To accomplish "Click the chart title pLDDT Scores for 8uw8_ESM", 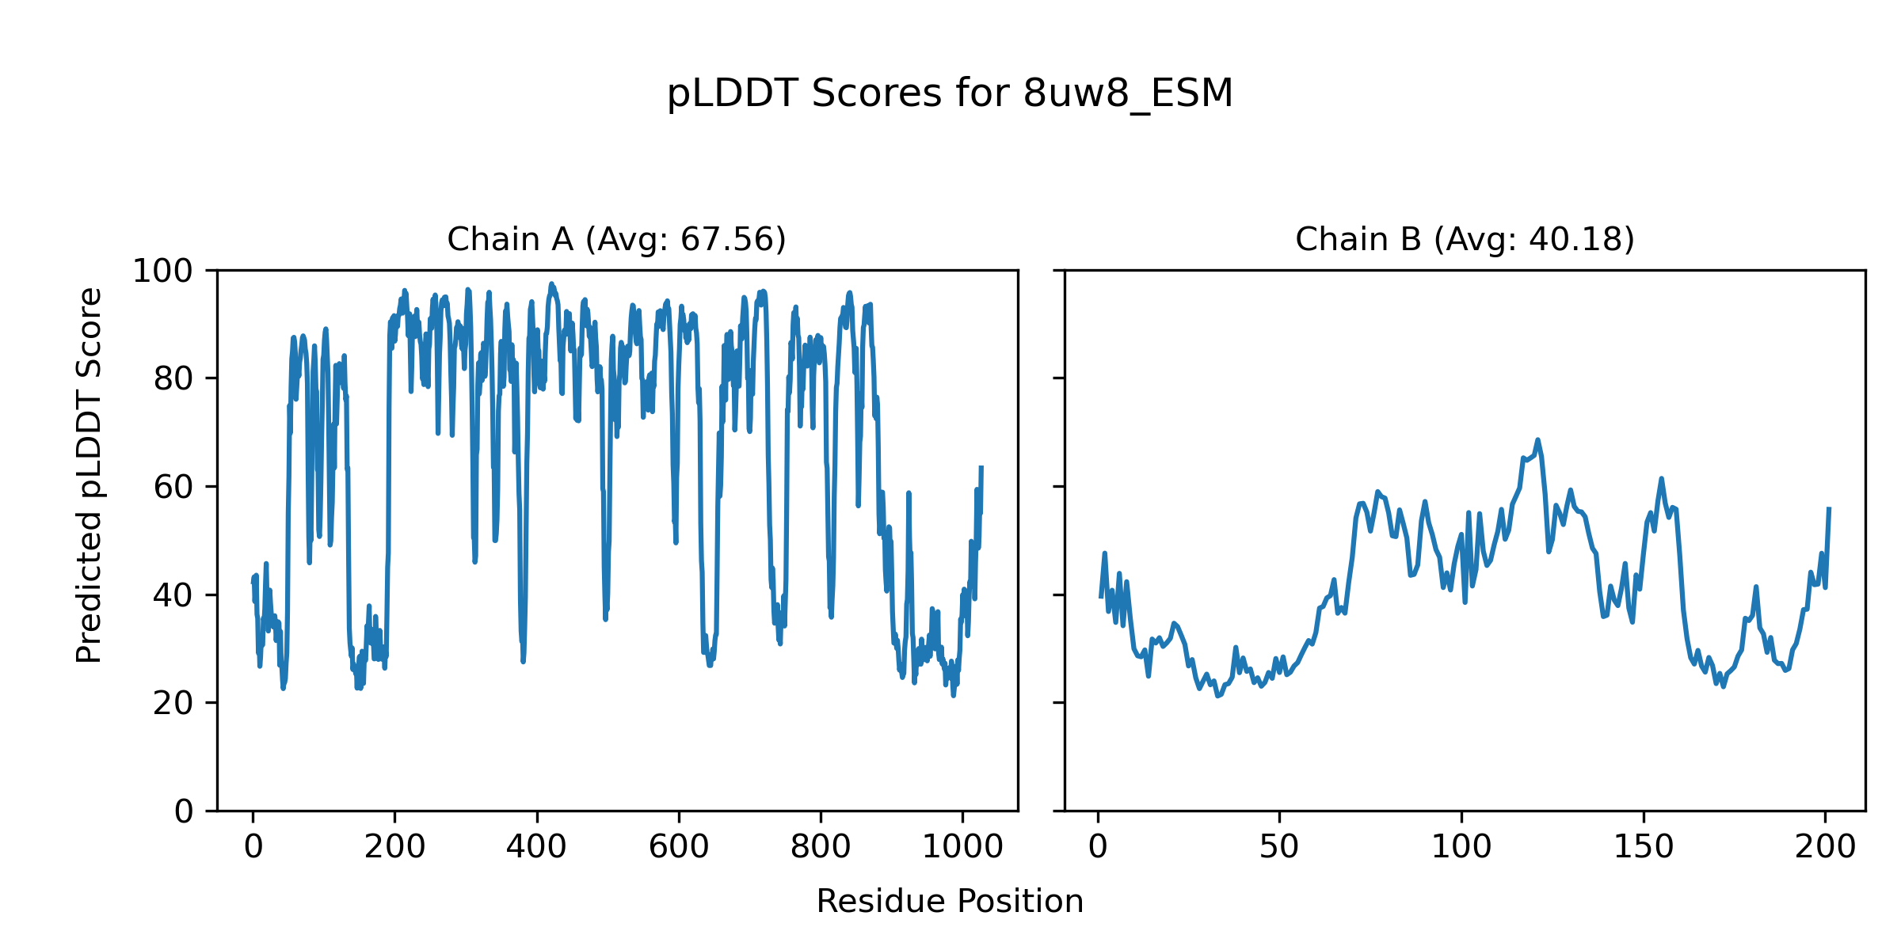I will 950,93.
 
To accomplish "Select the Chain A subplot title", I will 616,239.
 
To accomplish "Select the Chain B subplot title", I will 1465,239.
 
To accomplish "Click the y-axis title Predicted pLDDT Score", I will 90,475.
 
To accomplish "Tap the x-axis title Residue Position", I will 950,902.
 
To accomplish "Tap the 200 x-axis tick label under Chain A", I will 394,847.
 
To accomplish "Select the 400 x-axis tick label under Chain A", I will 536,847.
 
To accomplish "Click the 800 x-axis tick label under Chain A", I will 821,847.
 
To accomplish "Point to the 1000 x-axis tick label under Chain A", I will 962,847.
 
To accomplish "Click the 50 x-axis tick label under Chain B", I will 1279,847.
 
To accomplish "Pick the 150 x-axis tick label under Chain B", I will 1644,847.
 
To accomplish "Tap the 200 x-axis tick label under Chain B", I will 1825,847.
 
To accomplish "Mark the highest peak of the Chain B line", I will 1537,440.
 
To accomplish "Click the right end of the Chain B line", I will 1829,508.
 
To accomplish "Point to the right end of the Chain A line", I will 981,467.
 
